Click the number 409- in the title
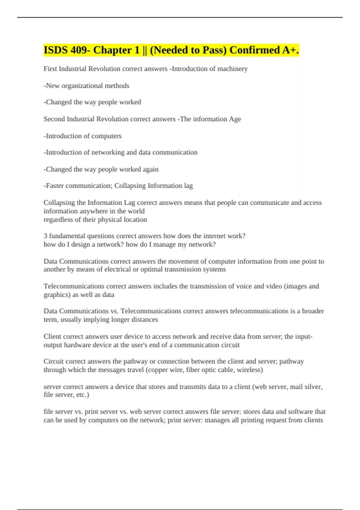point(80,50)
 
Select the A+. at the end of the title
point(290,50)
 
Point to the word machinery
point(232,69)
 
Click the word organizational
point(82,86)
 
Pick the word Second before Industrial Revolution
point(54,119)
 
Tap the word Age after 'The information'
point(235,119)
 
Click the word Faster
point(55,186)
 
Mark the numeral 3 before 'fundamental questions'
point(45,236)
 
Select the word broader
point(313,311)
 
